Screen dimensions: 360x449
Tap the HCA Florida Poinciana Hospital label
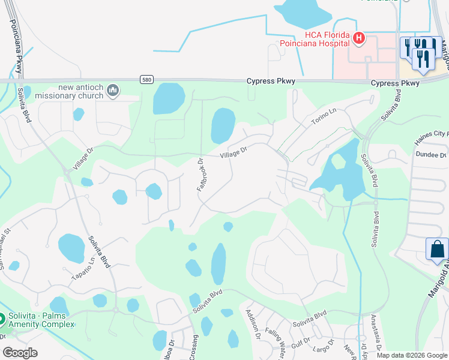pyautogui.click(x=315, y=39)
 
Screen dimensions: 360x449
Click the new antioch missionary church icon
pyautogui.click(x=112, y=91)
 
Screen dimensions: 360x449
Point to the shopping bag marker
pyautogui.click(x=437, y=248)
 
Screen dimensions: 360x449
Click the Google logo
pyautogui.click(x=20, y=352)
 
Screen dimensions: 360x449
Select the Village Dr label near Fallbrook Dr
pyautogui.click(x=234, y=154)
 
